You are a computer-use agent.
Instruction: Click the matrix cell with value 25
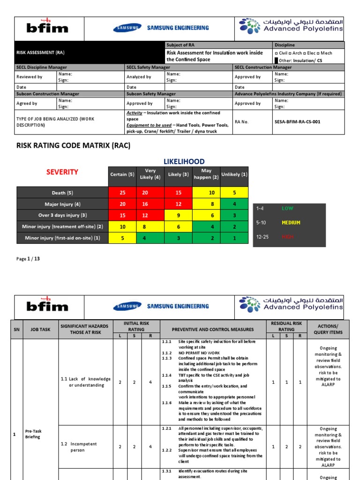pos(122,193)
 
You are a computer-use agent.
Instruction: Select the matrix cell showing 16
pos(150,204)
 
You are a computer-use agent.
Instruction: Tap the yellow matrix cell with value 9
pos(178,215)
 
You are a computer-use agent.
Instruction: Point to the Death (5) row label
pos(62,193)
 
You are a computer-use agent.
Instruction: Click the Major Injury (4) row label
pos(62,204)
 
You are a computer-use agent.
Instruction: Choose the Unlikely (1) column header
pos(234,174)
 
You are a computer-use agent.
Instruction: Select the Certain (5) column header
pos(122,174)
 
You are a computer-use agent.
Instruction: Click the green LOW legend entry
pos(287,208)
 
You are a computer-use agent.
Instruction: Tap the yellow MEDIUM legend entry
pos(291,223)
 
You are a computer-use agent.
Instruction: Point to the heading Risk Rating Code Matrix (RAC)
pos(73,145)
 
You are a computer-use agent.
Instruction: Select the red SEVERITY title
pos(62,172)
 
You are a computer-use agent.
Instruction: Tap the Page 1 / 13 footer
pos(28,258)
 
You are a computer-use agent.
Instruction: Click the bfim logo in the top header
pos(47,28)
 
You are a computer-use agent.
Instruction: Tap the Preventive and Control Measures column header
pos(212,329)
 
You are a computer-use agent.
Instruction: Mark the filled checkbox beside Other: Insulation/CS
pos(277,60)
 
